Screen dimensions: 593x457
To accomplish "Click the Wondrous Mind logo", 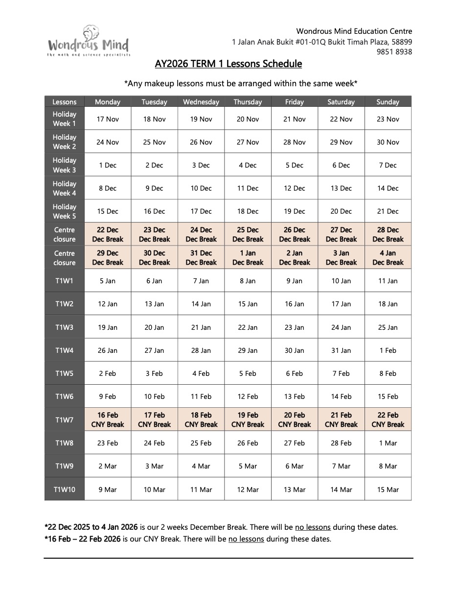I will [89, 42].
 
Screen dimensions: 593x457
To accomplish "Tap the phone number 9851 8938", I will [394, 52].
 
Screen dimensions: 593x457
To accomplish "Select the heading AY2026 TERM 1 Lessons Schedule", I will [228, 64].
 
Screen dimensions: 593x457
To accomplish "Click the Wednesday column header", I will [201, 102].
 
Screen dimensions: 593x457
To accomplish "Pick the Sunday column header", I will [388, 102].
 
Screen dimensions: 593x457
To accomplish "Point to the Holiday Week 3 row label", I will [64, 165].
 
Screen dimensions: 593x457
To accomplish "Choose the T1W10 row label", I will [64, 489].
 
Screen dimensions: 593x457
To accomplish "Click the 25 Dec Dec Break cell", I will [248, 234].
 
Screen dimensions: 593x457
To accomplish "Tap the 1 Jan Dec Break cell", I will [248, 258].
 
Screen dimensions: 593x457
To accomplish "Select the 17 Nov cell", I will [108, 119].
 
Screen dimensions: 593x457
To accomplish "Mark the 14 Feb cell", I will [341, 396].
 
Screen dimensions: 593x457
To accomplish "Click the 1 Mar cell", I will [388, 443].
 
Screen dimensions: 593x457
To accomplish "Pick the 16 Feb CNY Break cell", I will [108, 420].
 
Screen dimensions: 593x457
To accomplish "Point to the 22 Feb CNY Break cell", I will [388, 420].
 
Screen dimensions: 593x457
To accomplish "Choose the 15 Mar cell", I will [388, 489].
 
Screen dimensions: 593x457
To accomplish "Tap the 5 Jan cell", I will [108, 281].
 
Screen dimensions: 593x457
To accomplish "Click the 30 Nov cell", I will [388, 142].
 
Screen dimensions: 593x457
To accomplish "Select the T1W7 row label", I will [64, 420].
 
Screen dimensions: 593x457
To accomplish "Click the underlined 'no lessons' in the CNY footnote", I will [246, 539].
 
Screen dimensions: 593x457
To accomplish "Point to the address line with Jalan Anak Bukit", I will [321, 42].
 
